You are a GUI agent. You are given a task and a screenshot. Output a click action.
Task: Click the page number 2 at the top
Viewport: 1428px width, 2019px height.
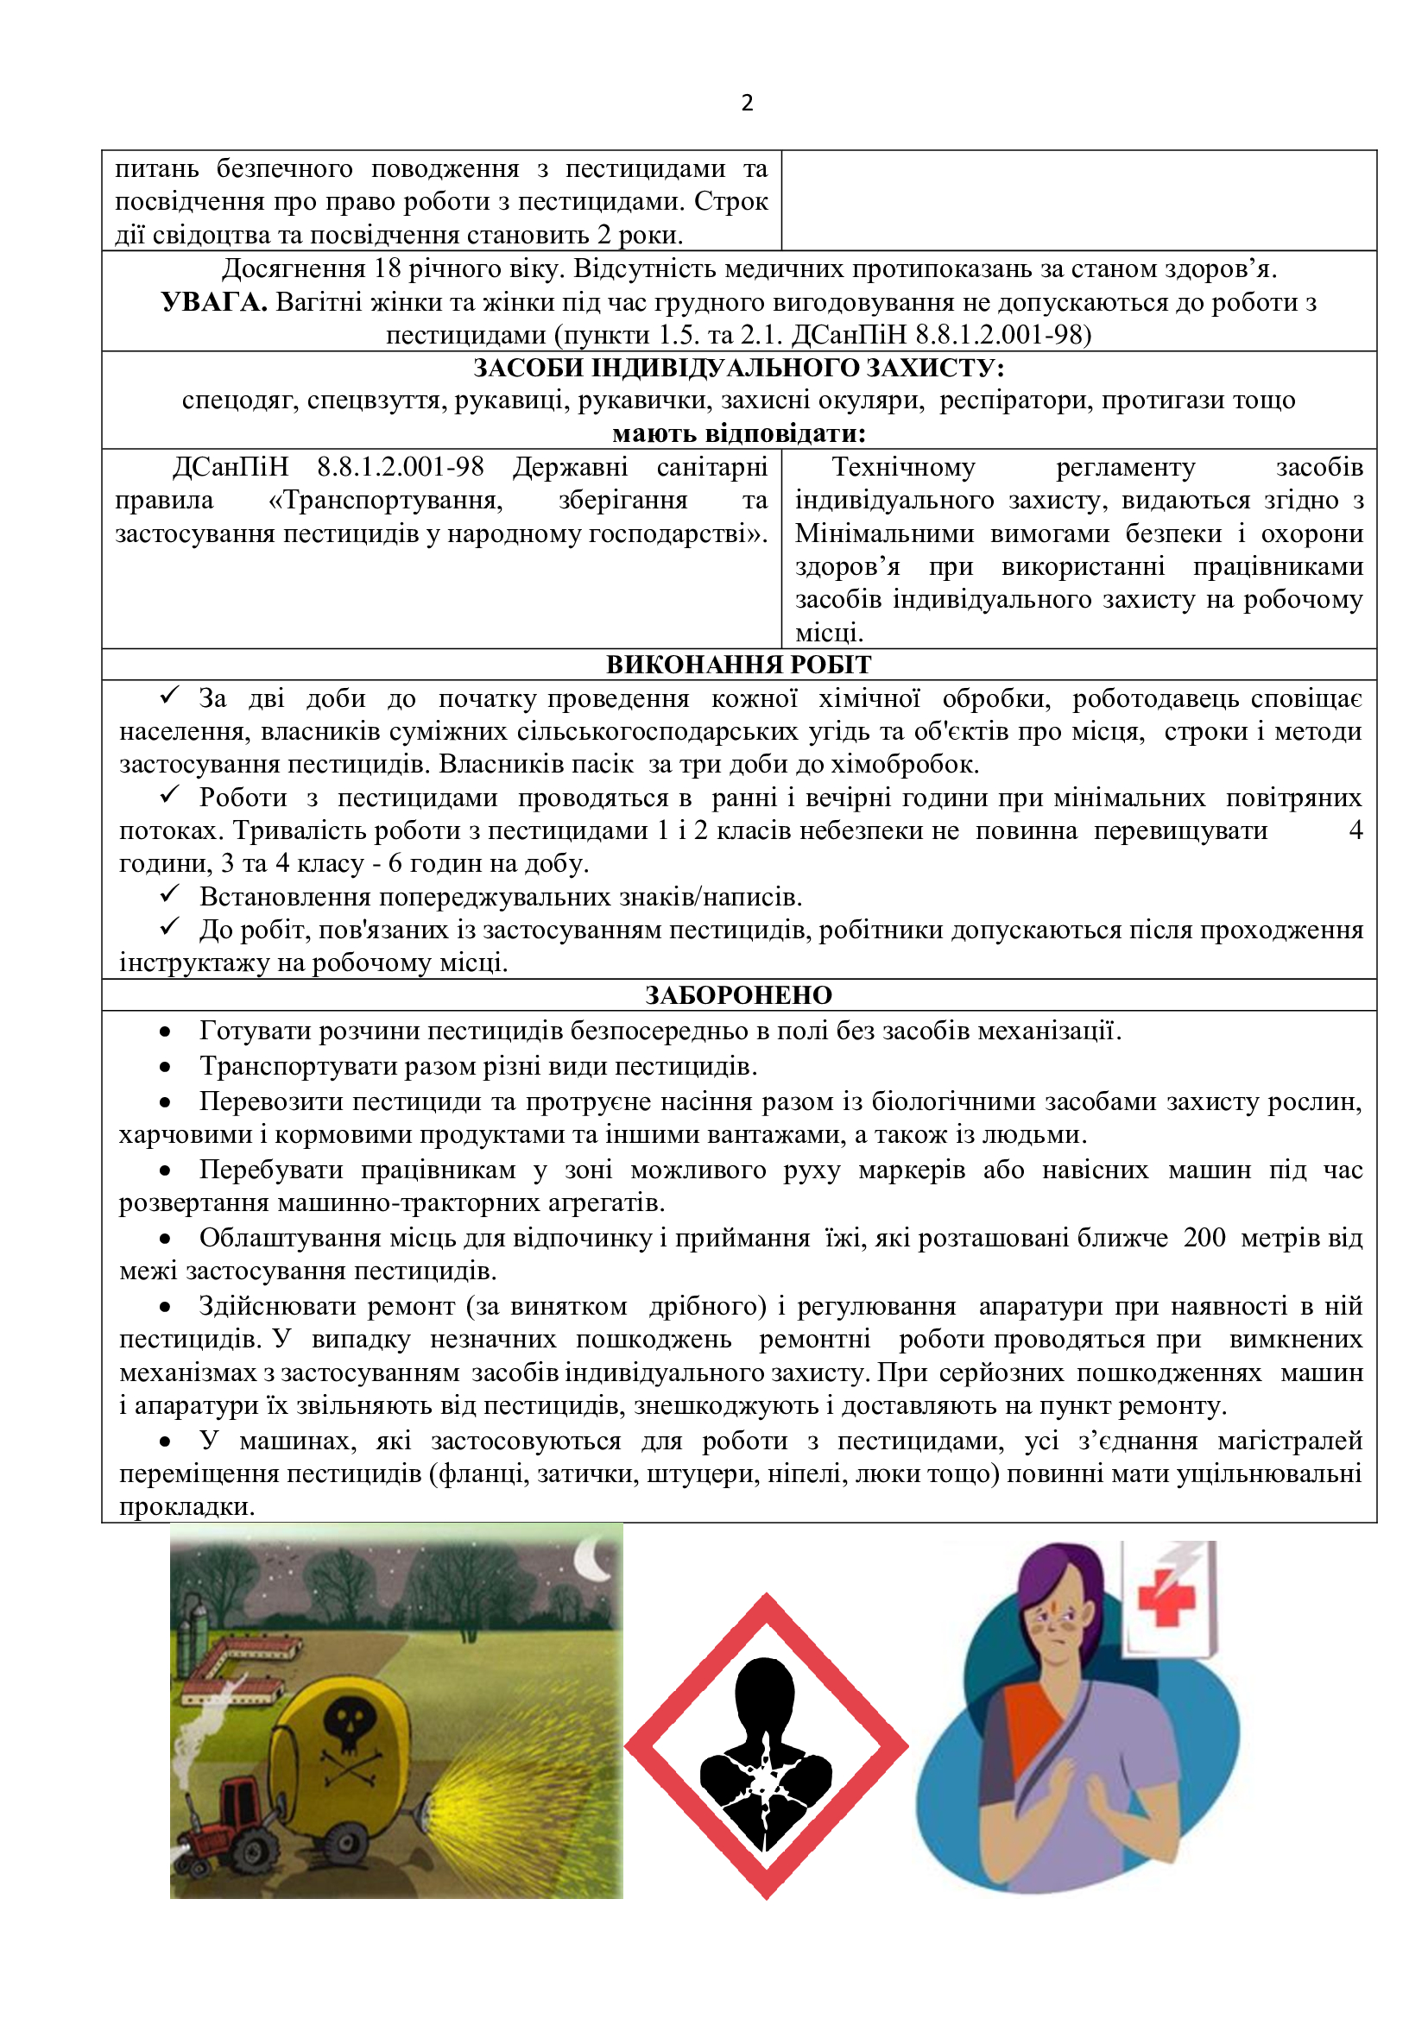tap(747, 103)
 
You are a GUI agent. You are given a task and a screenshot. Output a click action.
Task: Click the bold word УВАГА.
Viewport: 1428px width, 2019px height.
tap(213, 302)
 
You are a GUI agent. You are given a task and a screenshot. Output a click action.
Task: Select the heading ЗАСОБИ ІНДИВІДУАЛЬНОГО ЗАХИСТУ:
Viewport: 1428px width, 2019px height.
tap(739, 368)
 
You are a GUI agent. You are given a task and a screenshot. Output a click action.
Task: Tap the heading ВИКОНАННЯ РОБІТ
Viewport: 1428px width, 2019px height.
tap(739, 665)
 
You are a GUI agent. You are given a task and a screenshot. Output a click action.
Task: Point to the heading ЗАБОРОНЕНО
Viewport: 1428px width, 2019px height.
tap(739, 994)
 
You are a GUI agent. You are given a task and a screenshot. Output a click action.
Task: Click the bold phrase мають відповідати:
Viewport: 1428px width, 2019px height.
tap(739, 433)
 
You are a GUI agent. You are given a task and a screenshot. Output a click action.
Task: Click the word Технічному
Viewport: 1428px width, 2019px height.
tap(903, 467)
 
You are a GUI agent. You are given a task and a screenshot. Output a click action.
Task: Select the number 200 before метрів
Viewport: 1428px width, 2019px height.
tap(1204, 1237)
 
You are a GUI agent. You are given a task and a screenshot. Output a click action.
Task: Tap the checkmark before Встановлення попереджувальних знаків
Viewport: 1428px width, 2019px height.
tap(170, 895)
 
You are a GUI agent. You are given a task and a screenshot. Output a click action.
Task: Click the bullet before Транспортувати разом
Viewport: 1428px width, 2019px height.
tap(165, 1067)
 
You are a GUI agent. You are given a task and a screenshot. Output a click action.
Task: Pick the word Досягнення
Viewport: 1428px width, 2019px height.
tap(293, 268)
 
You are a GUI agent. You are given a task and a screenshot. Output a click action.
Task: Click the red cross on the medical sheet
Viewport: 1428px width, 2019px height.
tap(1167, 1598)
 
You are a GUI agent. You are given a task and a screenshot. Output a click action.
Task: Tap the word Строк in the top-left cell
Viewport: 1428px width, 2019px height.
tap(730, 201)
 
